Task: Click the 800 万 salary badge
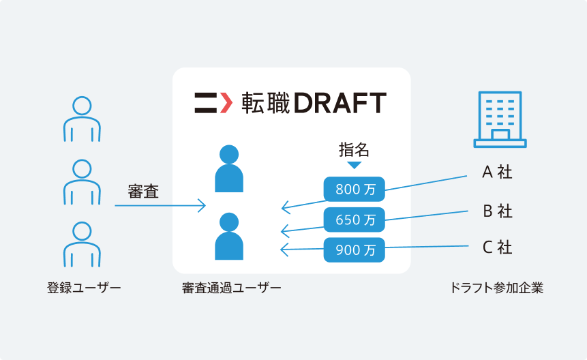tap(354, 189)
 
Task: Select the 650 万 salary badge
tap(354, 220)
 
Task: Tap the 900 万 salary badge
tap(354, 250)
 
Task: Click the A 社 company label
tap(497, 172)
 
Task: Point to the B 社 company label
tap(497, 211)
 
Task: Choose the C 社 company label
tap(497, 247)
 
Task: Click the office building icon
tap(500, 119)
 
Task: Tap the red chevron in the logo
tap(226, 102)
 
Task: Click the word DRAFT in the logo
tap(340, 103)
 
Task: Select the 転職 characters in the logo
tap(266, 103)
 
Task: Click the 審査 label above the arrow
tap(143, 191)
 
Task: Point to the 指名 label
tap(354, 150)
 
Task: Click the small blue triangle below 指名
tap(354, 164)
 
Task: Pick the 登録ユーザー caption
tap(84, 288)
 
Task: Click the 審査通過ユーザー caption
tap(231, 288)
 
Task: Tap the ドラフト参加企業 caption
tap(496, 288)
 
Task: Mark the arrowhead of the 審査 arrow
tap(202, 205)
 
